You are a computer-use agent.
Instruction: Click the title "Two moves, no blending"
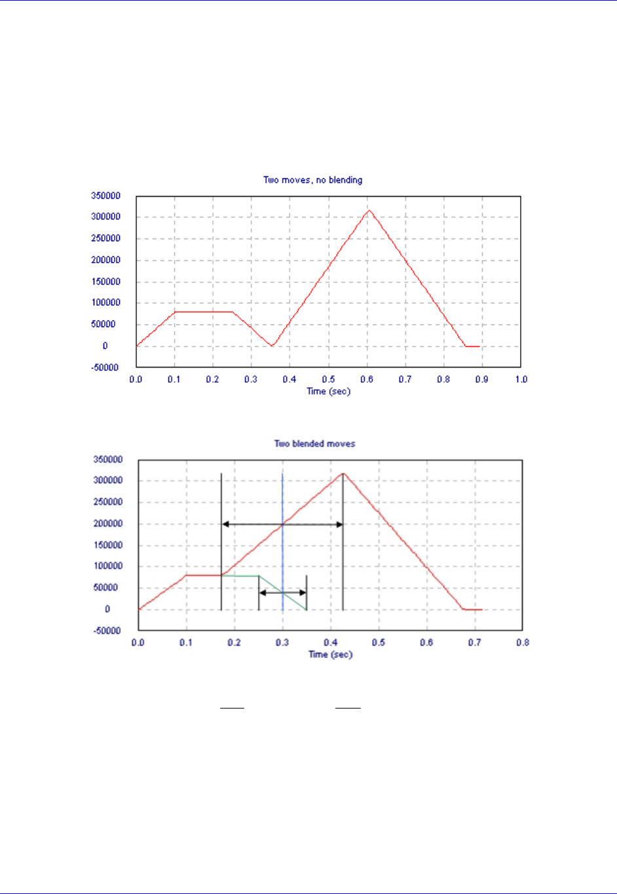[x=312, y=180]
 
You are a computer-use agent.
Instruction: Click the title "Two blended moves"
[x=314, y=444]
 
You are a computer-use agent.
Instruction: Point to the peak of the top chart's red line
[x=369, y=210]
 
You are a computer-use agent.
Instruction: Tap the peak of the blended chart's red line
[x=343, y=473]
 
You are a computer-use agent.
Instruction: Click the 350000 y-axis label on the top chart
[x=105, y=196]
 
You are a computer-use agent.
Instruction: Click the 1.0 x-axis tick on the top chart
[x=521, y=379]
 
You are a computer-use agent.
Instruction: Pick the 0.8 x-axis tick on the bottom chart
[x=522, y=643]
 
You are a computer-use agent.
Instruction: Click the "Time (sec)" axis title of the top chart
[x=328, y=391]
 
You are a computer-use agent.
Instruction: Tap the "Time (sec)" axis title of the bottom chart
[x=330, y=654]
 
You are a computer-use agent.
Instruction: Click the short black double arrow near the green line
[x=282, y=593]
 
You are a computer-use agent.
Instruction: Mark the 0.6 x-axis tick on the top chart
[x=367, y=379]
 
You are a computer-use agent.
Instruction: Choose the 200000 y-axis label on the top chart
[x=105, y=260]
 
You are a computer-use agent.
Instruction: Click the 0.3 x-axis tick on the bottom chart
[x=282, y=643]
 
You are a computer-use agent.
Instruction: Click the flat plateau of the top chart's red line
[x=203, y=312]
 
